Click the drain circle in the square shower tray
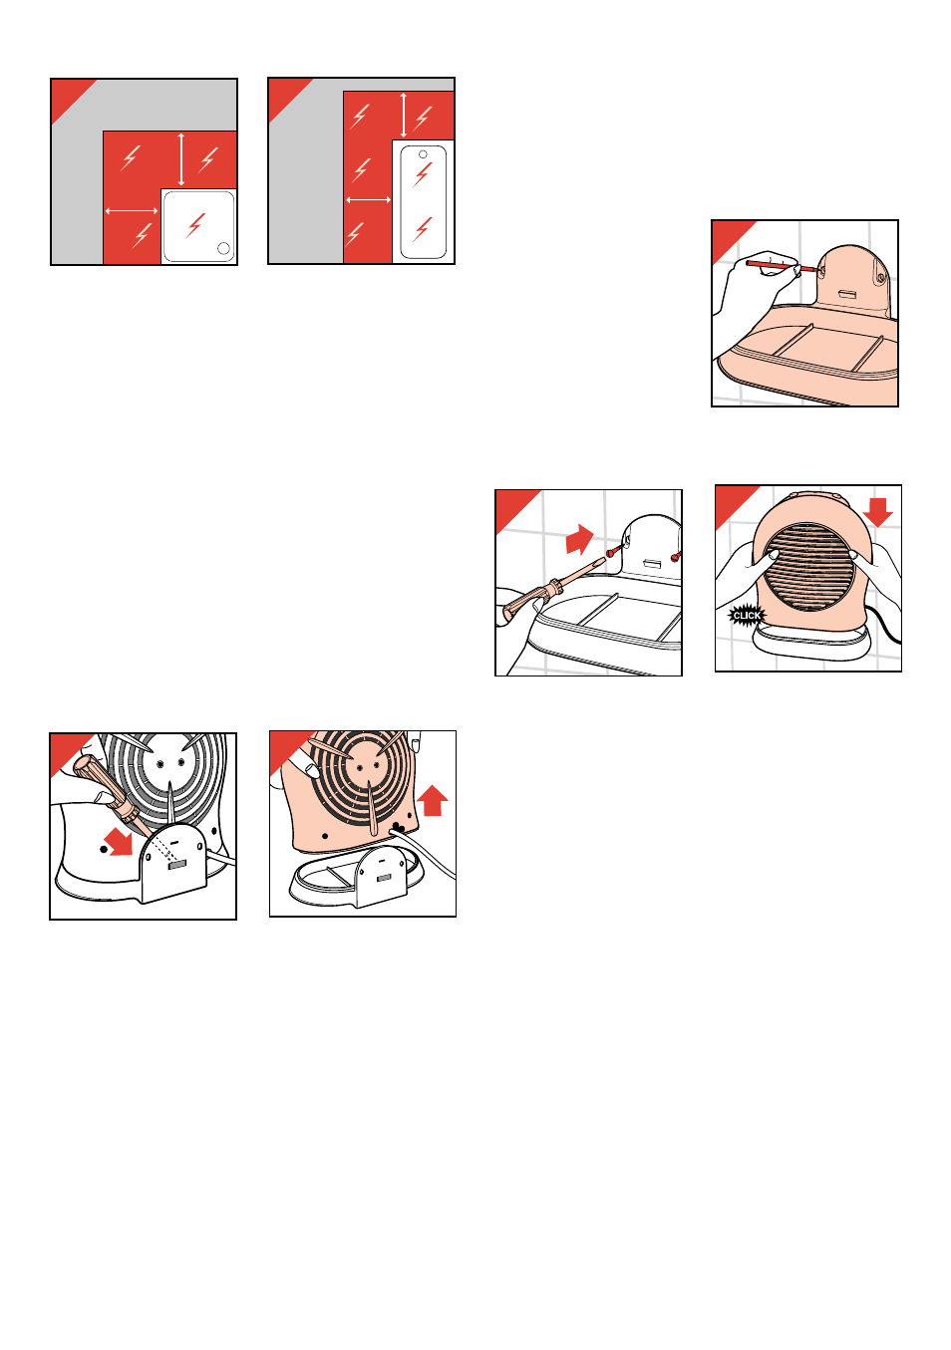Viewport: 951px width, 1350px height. point(223,248)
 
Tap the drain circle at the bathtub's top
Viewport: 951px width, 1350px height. point(423,154)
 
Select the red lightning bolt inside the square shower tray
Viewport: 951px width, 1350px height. point(195,225)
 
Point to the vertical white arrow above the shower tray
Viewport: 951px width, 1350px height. point(181,159)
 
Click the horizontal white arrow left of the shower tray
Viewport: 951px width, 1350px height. point(132,211)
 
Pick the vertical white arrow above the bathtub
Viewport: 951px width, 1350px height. point(404,116)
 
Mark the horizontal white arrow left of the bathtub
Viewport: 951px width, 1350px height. point(369,199)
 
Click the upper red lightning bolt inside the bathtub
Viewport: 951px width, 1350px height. point(422,174)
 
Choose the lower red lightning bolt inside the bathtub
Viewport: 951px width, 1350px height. point(422,228)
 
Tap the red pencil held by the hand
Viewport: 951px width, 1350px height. point(782,266)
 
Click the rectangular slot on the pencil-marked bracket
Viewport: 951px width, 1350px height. point(849,294)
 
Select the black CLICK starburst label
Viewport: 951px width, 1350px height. point(747,616)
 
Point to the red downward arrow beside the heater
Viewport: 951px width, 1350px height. point(877,512)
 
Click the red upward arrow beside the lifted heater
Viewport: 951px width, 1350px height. point(432,800)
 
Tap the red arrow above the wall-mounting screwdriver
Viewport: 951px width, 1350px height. point(579,539)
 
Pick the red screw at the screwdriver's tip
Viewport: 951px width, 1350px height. point(613,550)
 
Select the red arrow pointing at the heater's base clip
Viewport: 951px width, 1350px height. point(119,841)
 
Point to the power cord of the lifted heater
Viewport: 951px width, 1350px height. point(425,851)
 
